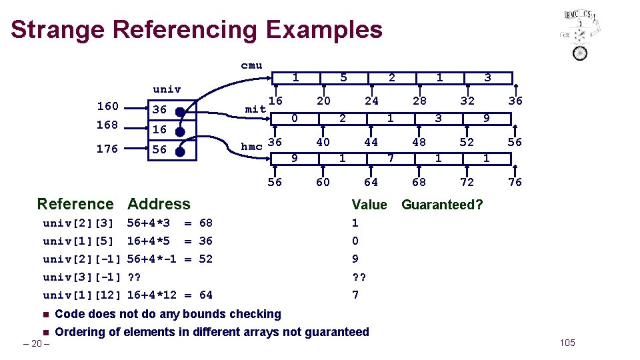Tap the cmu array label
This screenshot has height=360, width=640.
[x=251, y=65]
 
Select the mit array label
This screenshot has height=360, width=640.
[x=256, y=108]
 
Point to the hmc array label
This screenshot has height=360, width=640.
[x=251, y=147]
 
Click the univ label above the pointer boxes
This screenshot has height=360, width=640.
[x=167, y=89]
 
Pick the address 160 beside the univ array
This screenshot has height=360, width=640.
[x=107, y=106]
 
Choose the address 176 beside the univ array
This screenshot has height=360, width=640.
[x=107, y=149]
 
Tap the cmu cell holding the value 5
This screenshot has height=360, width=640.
[x=343, y=78]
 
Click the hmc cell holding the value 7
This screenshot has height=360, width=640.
[x=391, y=159]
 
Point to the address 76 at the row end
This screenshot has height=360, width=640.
[x=515, y=182]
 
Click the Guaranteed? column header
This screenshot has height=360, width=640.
[x=442, y=205]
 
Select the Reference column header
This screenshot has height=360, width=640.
[x=75, y=204]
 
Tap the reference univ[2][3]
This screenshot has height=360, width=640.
[x=78, y=223]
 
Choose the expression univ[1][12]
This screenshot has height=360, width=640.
[x=81, y=295]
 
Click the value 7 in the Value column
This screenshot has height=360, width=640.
[x=355, y=295]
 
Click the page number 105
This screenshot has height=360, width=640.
[x=567, y=343]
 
